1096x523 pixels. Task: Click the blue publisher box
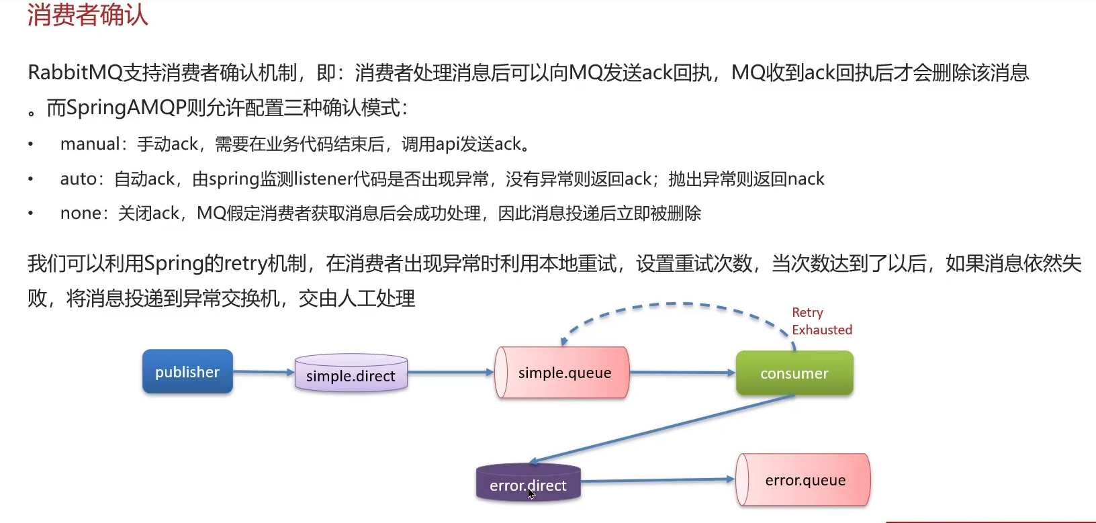click(x=187, y=371)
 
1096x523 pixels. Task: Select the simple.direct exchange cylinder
click(x=351, y=374)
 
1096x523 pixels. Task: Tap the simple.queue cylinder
click(x=563, y=373)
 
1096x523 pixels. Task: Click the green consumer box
click(x=794, y=373)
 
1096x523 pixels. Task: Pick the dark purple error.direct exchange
click(x=528, y=483)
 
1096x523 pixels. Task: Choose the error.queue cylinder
click(x=804, y=480)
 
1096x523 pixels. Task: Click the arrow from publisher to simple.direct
click(x=263, y=371)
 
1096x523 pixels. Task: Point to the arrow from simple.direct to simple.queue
click(x=450, y=372)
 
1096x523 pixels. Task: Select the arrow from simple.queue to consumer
click(x=682, y=372)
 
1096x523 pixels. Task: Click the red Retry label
click(x=807, y=312)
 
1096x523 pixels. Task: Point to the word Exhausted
click(x=822, y=330)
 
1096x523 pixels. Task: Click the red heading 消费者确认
click(x=87, y=15)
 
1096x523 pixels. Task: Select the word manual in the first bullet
click(x=89, y=144)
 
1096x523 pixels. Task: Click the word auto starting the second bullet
click(x=79, y=179)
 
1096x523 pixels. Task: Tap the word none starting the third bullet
click(x=80, y=213)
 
